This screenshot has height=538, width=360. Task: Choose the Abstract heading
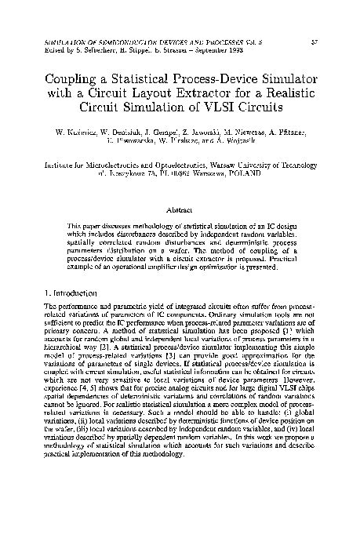pos(180,210)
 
